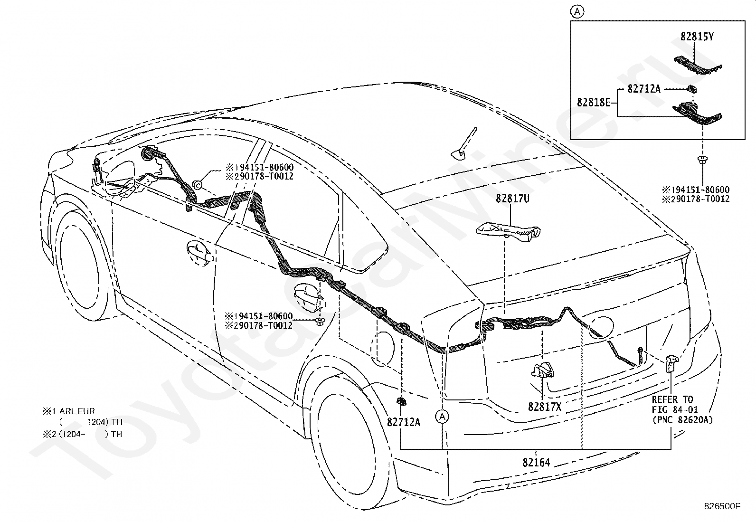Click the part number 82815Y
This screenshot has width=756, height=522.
(697, 37)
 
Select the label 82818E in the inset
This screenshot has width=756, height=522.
(594, 102)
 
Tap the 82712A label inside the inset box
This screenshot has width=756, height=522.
(644, 88)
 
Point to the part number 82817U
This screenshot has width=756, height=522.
(512, 199)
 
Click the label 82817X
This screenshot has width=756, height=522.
(545, 407)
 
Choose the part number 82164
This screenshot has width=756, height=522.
(536, 462)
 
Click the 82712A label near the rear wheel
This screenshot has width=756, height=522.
(404, 422)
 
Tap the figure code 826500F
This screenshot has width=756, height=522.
(722, 506)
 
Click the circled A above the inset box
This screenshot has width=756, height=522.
(577, 12)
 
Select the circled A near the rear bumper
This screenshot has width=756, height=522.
(442, 417)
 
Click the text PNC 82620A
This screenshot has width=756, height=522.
(682, 420)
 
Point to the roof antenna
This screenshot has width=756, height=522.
(464, 143)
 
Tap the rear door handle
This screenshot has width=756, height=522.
(308, 297)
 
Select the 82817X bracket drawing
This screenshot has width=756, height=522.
(543, 370)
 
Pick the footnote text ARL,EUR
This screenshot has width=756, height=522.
(77, 411)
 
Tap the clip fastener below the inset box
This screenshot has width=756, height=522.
(702, 160)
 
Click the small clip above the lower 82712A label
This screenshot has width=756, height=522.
(401, 401)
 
